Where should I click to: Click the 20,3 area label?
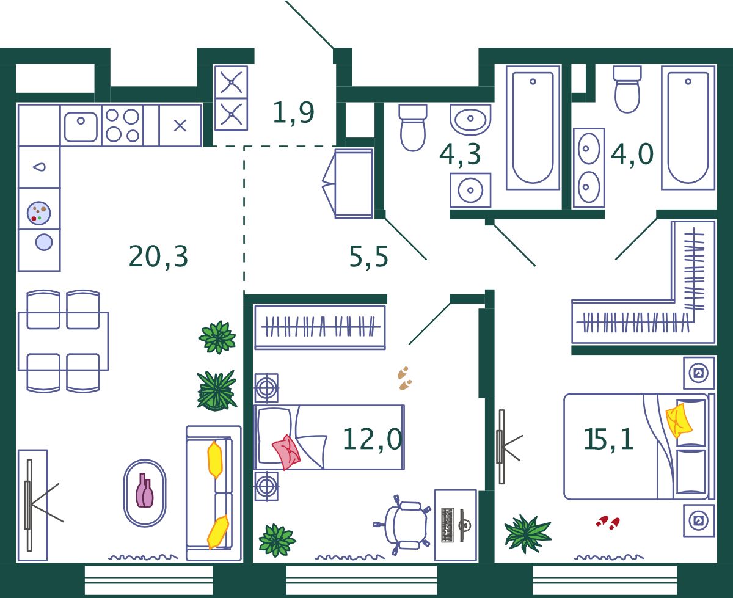pos(158,257)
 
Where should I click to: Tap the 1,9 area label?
pos(294,112)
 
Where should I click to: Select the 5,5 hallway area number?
pos(368,257)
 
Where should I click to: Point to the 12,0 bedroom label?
pos(372,439)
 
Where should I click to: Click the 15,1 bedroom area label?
pos(608,439)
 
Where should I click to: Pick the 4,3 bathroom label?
pos(460,155)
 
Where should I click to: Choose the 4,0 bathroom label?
pos(632,155)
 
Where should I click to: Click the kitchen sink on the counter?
pos(81,126)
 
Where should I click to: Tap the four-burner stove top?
pos(122,125)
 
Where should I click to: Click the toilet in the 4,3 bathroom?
pos(413,128)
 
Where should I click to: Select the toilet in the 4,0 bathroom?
pos(627,89)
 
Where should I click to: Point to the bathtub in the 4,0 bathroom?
pos(688,128)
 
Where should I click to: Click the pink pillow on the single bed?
pos(286,452)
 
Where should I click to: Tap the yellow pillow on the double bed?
pos(679,421)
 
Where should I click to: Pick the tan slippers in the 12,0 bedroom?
pos(404,378)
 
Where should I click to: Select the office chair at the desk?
pos(403,525)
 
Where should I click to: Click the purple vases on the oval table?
pos(145,490)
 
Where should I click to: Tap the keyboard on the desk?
pos(448,525)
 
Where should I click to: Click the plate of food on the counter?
pos(39,213)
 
